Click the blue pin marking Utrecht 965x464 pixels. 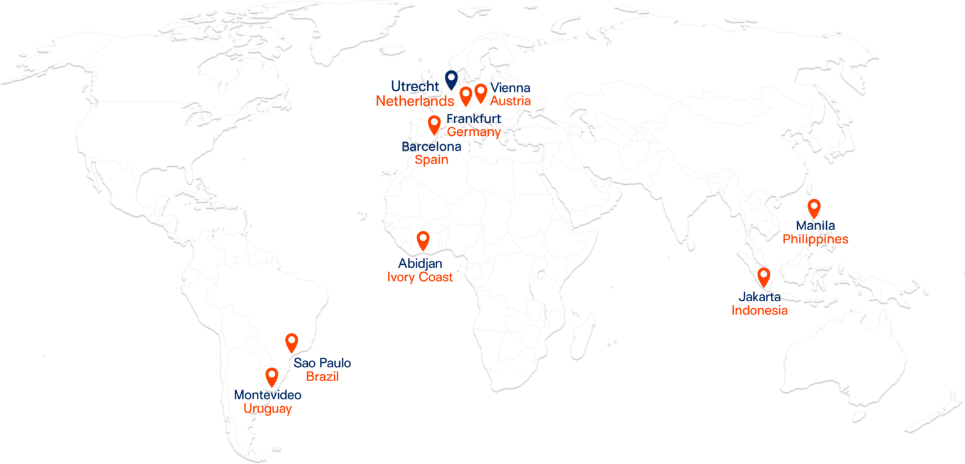pos(450,79)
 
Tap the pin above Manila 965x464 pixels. pos(814,207)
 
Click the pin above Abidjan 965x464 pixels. pos(423,240)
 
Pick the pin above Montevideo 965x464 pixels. pos(271,376)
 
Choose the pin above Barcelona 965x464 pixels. pos(433,124)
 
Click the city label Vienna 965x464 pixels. pos(510,88)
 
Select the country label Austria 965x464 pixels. pos(511,101)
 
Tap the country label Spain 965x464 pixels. pos(432,160)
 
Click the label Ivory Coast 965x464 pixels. pos(420,277)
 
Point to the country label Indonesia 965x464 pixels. pos(759,310)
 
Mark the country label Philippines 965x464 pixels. pos(815,240)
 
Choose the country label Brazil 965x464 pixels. pos(322,377)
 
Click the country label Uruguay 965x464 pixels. pos(268,409)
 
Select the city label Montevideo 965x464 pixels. pos(268,395)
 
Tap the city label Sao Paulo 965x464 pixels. pos(322,363)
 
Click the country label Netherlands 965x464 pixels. pos(415,101)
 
